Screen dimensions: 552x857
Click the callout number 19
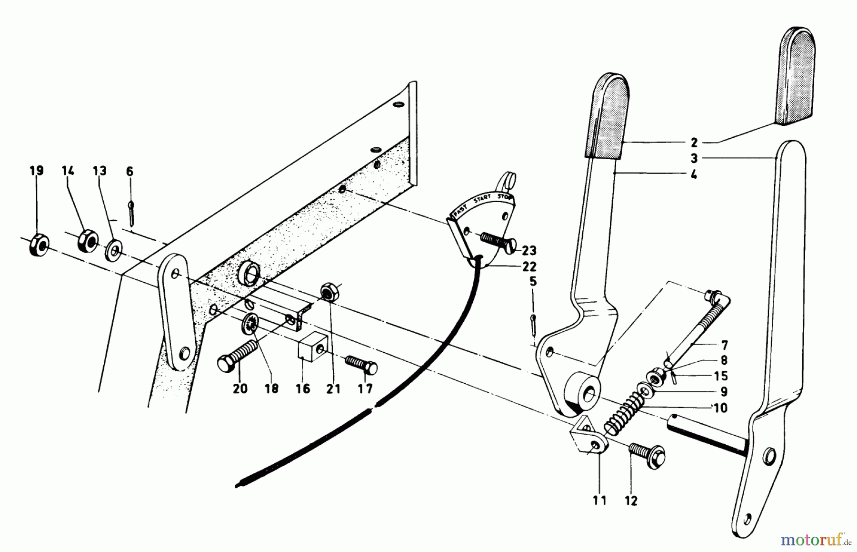click(x=36, y=171)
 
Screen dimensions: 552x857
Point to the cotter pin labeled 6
click(x=131, y=213)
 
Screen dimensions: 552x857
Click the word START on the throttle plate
click(x=482, y=201)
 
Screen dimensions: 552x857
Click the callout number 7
click(x=724, y=344)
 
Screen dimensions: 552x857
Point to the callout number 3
click(x=694, y=158)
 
